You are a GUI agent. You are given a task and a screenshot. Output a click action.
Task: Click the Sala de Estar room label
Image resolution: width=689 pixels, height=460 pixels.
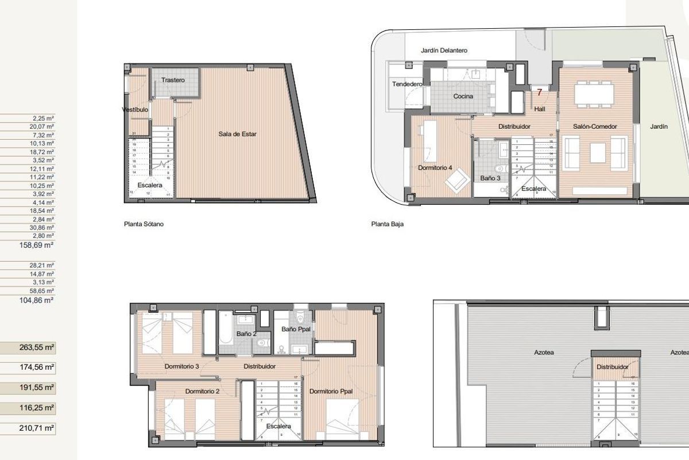point(237,134)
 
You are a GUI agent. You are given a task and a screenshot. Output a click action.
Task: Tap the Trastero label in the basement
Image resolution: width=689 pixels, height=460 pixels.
point(173,80)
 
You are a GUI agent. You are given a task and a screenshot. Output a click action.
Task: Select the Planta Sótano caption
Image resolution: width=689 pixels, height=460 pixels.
point(144,224)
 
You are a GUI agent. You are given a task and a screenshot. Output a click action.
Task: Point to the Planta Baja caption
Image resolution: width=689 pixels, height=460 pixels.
point(388,224)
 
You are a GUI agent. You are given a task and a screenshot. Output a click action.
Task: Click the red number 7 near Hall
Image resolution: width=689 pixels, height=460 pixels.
point(539,92)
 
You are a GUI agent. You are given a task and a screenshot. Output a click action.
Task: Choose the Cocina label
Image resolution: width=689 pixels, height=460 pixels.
point(463,96)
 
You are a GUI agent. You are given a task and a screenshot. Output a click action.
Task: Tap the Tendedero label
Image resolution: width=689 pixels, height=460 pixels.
point(407,84)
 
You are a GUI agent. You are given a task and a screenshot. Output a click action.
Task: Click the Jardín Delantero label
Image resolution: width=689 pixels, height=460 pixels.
point(444,51)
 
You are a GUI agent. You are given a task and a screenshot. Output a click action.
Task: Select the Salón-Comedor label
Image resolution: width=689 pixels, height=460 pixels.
point(595,126)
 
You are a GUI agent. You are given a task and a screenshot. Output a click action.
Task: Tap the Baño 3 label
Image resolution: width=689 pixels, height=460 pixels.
point(490,178)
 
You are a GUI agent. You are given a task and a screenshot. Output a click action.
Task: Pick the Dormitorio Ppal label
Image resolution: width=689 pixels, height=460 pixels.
point(331,391)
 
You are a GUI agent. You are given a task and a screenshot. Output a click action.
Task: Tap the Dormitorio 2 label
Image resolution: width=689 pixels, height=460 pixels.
point(202,391)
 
